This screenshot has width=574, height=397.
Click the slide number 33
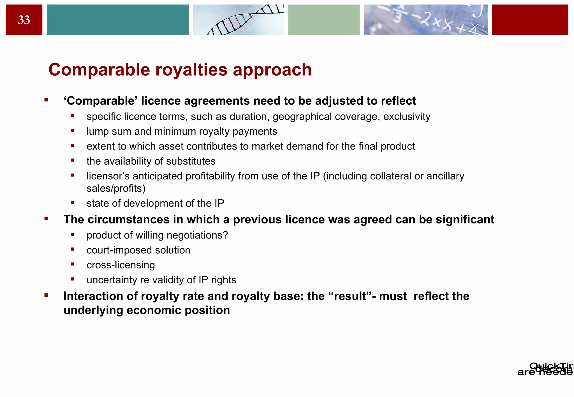(x=24, y=20)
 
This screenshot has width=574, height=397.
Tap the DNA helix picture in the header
(x=238, y=20)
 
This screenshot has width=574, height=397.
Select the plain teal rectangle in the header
(x=117, y=20)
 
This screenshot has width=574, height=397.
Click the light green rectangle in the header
(x=324, y=20)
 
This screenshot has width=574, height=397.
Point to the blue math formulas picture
(x=425, y=20)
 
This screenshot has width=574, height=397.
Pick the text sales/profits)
(x=116, y=188)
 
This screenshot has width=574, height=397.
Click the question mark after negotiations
(x=225, y=235)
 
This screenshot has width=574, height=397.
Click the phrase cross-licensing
(x=121, y=265)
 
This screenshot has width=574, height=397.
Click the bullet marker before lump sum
(x=72, y=130)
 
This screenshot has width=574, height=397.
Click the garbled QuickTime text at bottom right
(x=545, y=369)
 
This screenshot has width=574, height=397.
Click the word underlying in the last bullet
(x=93, y=310)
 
